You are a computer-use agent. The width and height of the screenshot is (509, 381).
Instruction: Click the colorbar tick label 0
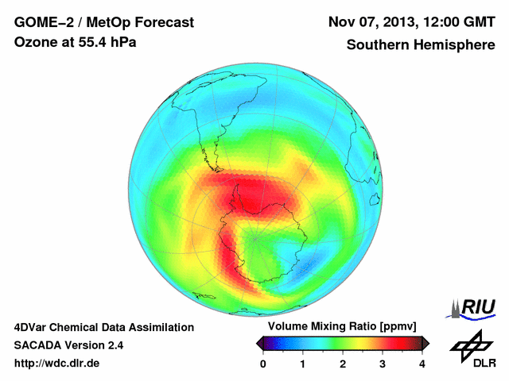click(263, 364)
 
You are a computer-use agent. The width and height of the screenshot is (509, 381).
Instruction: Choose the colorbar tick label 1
click(303, 364)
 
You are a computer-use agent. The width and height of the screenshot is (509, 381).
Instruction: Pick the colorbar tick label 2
click(343, 364)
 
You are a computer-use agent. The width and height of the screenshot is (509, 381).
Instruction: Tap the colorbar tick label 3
click(383, 364)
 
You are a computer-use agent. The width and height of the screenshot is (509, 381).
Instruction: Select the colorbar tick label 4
click(422, 364)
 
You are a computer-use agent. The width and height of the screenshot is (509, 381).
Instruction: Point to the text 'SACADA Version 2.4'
click(68, 345)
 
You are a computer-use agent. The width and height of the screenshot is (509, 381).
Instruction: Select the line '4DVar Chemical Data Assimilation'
click(103, 327)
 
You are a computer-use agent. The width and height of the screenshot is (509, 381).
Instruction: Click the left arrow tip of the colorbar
click(258, 343)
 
